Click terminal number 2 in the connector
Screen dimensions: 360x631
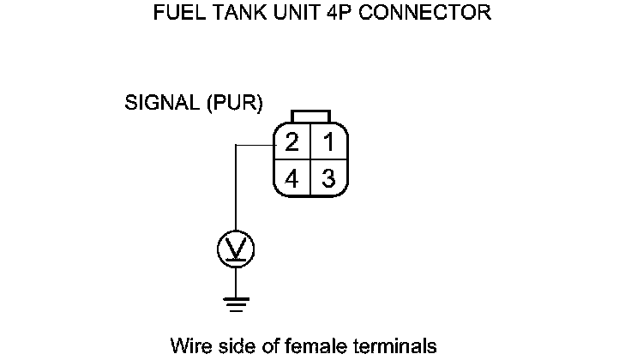[x=292, y=141]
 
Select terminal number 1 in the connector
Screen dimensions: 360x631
[x=327, y=141]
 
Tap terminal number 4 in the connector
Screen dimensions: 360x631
[x=292, y=178]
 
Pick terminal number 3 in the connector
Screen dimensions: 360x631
[x=327, y=178]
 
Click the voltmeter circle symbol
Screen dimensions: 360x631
[x=236, y=249]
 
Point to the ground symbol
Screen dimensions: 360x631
[x=236, y=303]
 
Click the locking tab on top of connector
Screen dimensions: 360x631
[x=309, y=116]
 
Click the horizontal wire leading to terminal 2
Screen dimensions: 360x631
[x=254, y=145]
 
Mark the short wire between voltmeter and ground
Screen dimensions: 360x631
[x=236, y=280]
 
